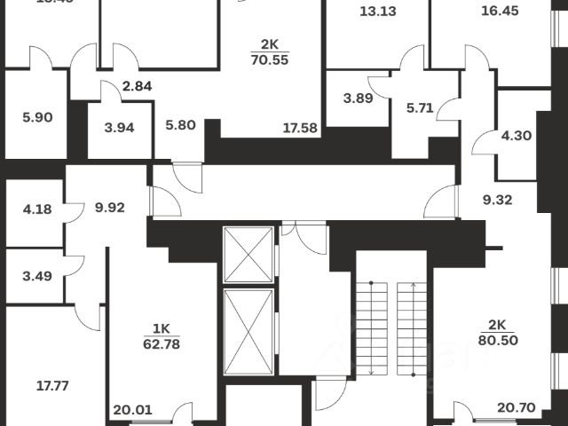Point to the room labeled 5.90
pos(35,115)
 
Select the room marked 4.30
pos(517,137)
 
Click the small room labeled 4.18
pos(35,210)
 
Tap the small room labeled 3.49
pos(35,275)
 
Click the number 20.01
pos(130,410)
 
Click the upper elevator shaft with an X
pos(248,254)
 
